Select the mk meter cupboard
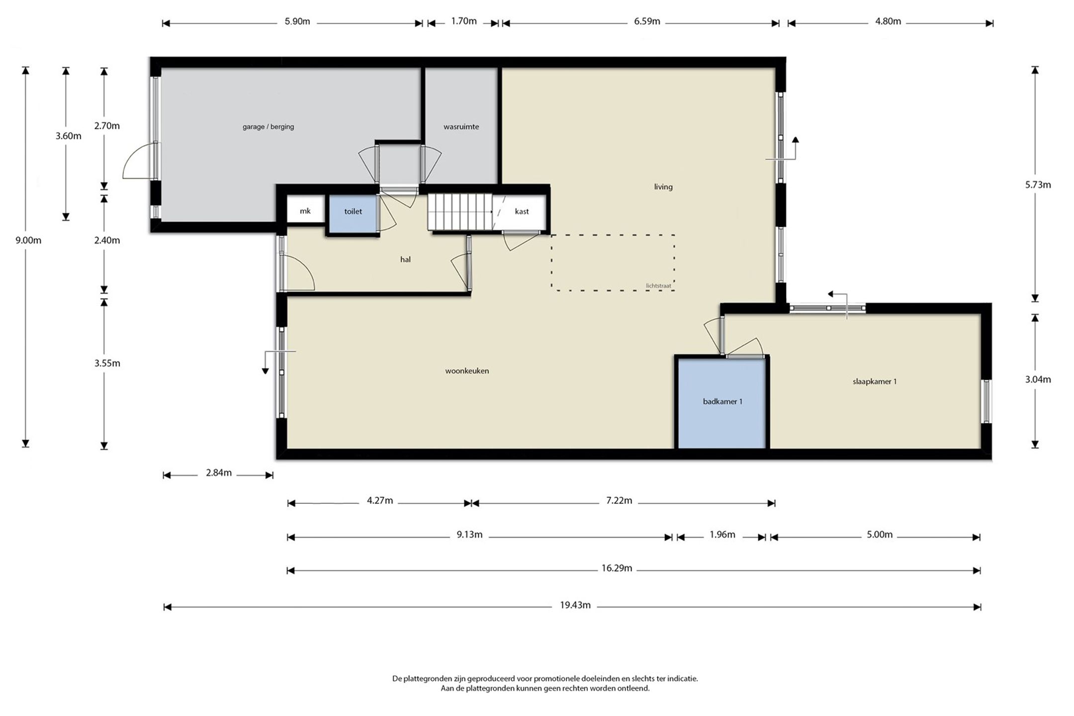(305, 210)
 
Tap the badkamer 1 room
(722, 403)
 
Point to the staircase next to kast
(460, 212)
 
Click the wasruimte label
(461, 127)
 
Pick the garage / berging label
(268, 127)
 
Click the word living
(663, 187)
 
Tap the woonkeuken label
(467, 371)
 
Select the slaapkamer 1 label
(875, 382)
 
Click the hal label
(405, 260)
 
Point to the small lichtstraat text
(658, 286)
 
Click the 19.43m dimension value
(575, 606)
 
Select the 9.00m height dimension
(28, 241)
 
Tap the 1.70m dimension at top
(463, 21)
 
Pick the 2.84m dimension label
(219, 473)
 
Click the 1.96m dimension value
(722, 535)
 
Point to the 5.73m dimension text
(1038, 185)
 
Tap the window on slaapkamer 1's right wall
(986, 401)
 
